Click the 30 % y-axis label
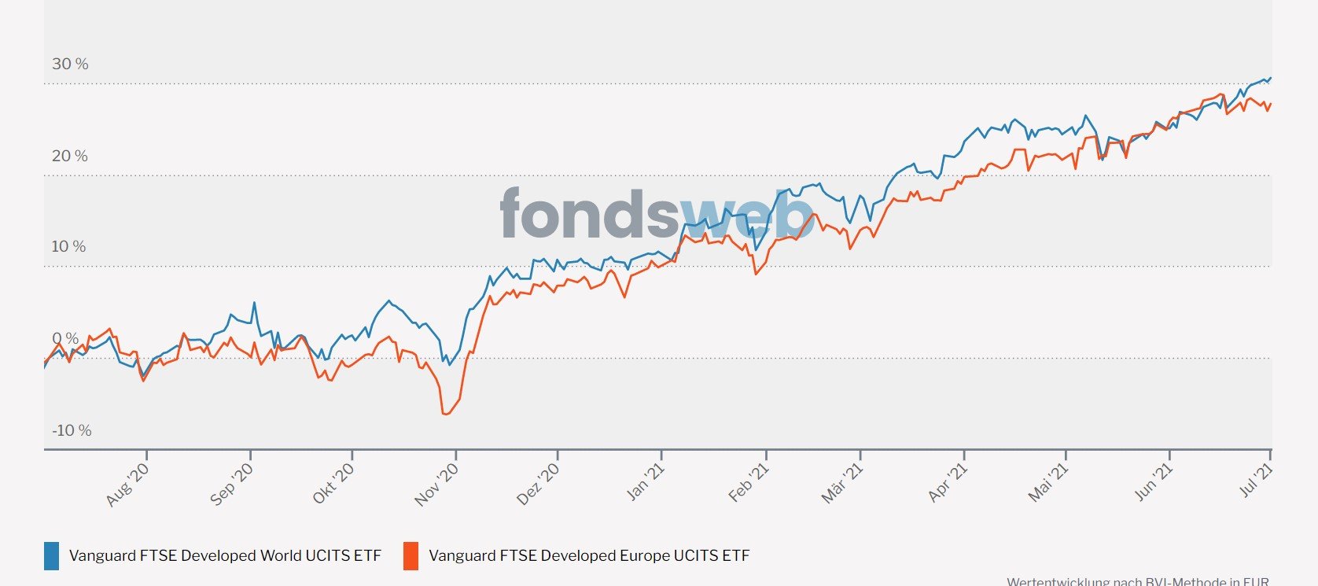pyautogui.click(x=70, y=64)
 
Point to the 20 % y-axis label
pyautogui.click(x=70, y=156)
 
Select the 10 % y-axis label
pyautogui.click(x=68, y=247)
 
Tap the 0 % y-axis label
pyautogui.click(x=65, y=339)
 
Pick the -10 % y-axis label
pyautogui.click(x=72, y=430)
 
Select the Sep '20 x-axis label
pyautogui.click(x=232, y=484)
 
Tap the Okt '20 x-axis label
pyautogui.click(x=333, y=484)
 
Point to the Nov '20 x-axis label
pyautogui.click(x=436, y=484)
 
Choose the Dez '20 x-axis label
pyautogui.click(x=539, y=484)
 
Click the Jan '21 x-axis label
pyautogui.click(x=646, y=482)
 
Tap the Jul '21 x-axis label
pyautogui.click(x=1257, y=481)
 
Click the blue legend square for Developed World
pyautogui.click(x=51, y=556)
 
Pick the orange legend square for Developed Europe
pyautogui.click(x=410, y=556)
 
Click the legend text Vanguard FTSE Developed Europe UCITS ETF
pyautogui.click(x=589, y=556)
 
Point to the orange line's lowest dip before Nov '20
pyautogui.click(x=445, y=414)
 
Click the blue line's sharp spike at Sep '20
pyautogui.click(x=254, y=302)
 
